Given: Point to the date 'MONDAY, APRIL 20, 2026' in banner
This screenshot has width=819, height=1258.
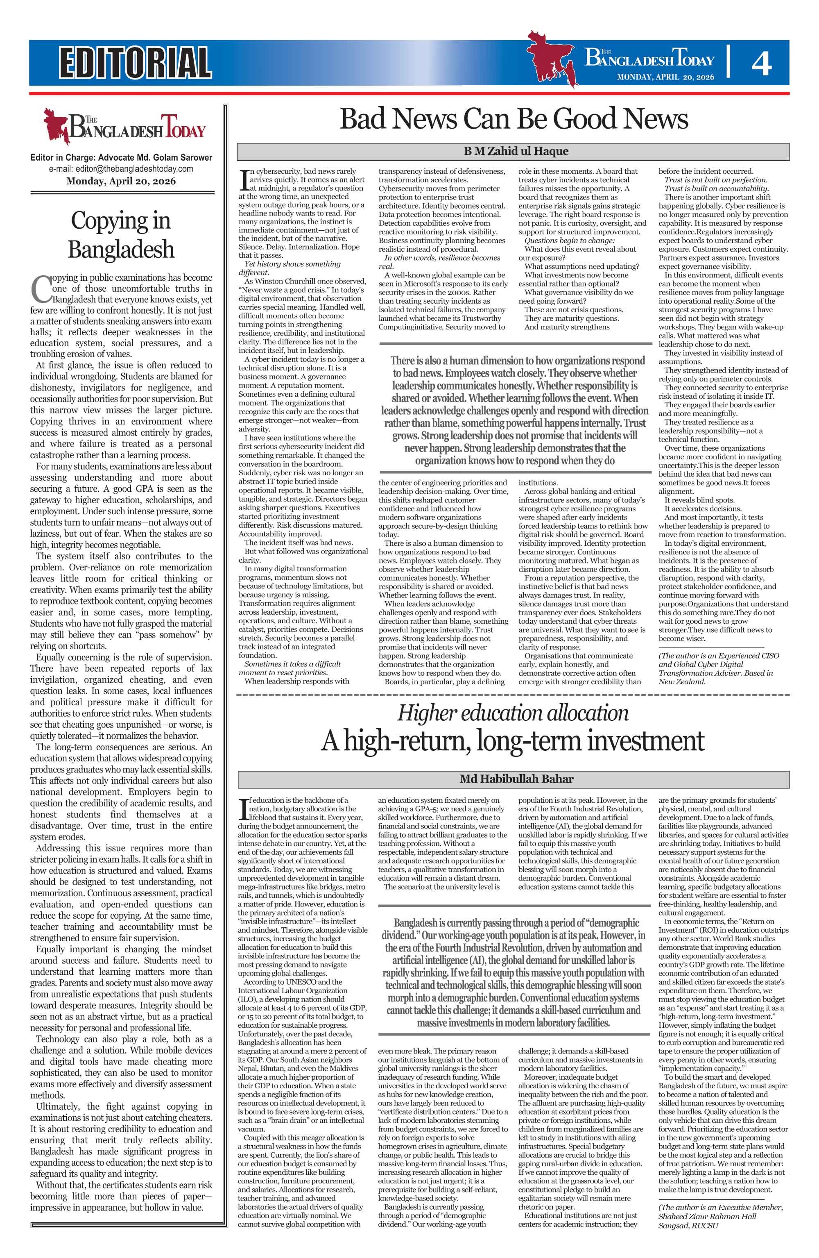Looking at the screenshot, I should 665,77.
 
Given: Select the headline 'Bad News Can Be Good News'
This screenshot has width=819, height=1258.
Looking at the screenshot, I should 513,118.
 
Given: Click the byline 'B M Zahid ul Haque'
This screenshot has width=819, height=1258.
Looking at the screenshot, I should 513,152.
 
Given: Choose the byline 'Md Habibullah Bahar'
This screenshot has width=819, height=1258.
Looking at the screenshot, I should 513,779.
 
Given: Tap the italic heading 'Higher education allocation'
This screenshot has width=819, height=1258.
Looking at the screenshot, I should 513,713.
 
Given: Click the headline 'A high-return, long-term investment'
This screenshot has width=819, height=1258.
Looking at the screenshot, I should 513,741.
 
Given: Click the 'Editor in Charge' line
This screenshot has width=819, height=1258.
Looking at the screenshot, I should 121,157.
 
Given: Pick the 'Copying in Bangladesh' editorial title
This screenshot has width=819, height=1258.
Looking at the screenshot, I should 121,234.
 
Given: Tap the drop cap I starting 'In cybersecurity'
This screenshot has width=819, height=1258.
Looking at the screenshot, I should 243,180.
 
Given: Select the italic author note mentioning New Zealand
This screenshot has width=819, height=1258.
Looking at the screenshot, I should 719,669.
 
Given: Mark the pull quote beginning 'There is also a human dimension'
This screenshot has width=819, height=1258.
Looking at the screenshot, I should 514,410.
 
